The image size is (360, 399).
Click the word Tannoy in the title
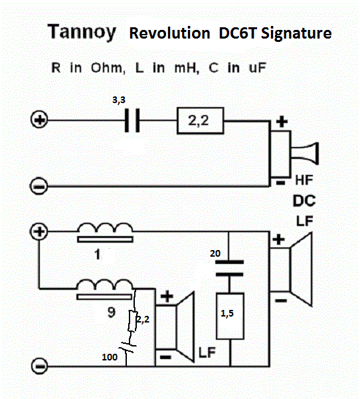click(x=82, y=32)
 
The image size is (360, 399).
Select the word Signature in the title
click(x=296, y=34)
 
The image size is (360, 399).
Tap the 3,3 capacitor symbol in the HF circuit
click(x=132, y=120)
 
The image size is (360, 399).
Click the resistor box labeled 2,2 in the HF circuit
click(x=201, y=120)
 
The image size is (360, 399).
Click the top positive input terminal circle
click(x=39, y=119)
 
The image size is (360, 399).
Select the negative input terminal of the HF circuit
click(x=39, y=186)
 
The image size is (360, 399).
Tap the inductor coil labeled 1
click(x=105, y=232)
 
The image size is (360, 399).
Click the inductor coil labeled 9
click(x=104, y=289)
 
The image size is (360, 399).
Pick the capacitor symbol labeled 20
click(x=230, y=268)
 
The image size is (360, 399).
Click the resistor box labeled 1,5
click(x=230, y=317)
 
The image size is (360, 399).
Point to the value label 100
click(x=110, y=357)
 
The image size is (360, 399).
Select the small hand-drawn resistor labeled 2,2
click(x=132, y=321)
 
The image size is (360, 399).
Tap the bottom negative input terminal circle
click(x=39, y=366)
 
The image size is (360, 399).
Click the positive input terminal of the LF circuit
click(x=39, y=231)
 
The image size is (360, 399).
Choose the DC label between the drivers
click(x=304, y=201)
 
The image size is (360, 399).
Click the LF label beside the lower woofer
click(x=207, y=352)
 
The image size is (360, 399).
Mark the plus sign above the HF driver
click(x=282, y=122)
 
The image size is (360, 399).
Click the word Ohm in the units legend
click(x=108, y=68)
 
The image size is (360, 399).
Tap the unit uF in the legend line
click(x=257, y=68)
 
